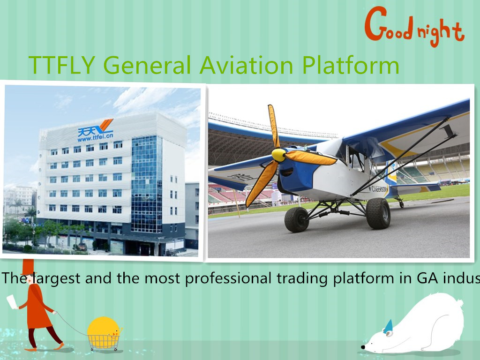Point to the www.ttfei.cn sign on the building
point(95,138)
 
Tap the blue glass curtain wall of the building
point(146,183)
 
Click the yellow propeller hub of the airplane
point(278,155)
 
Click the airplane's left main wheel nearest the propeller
point(297,219)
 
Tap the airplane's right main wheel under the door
point(378,213)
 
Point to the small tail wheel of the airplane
point(401,204)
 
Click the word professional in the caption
point(227,278)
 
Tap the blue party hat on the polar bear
point(388,326)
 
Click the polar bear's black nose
point(363,347)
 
